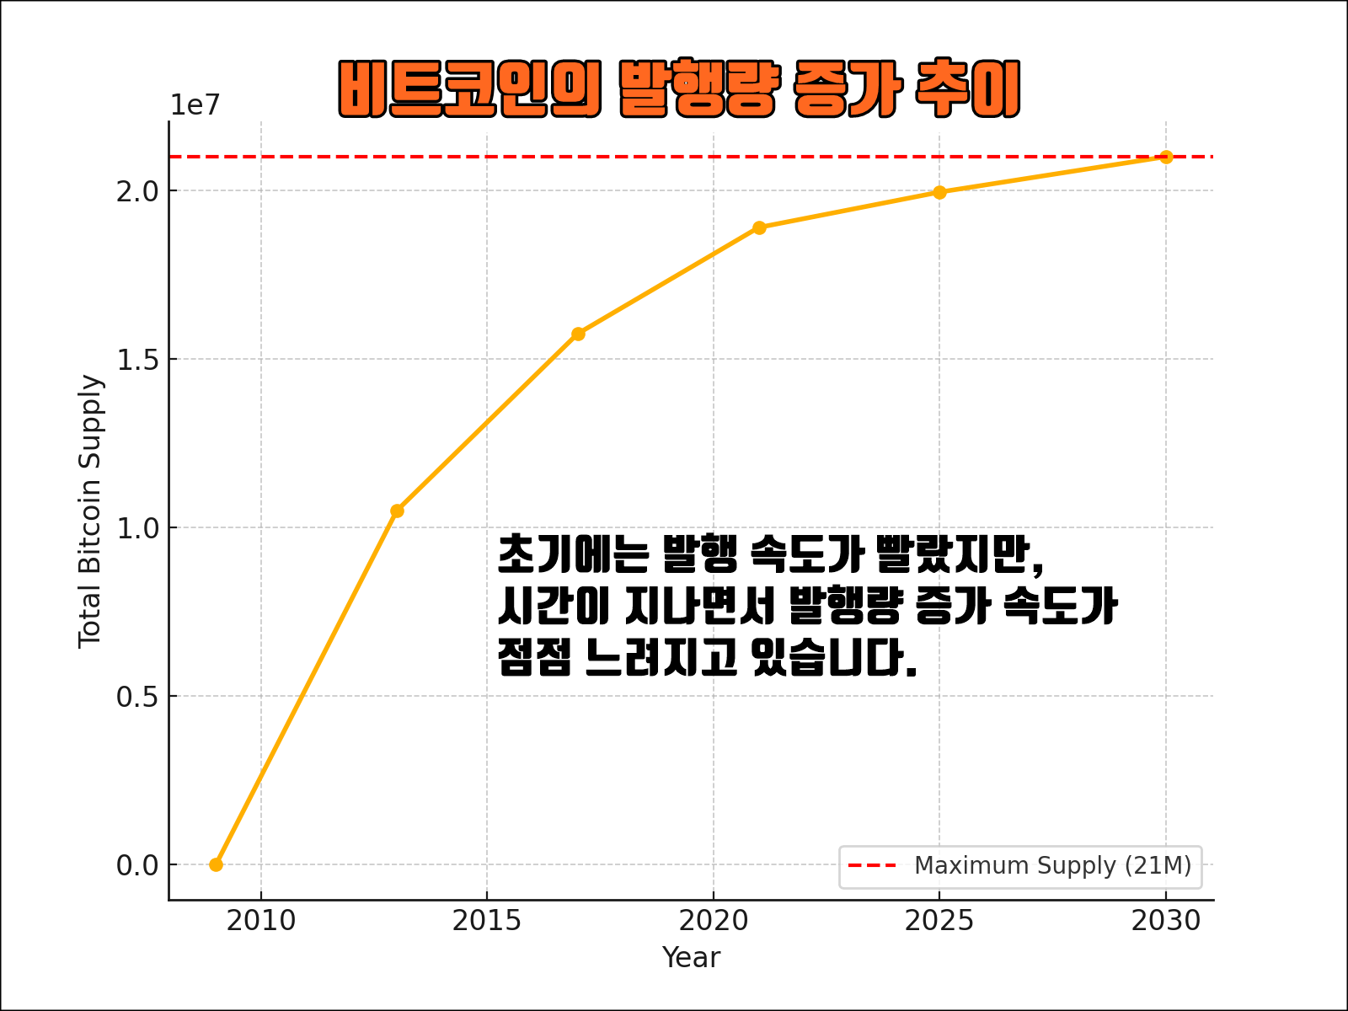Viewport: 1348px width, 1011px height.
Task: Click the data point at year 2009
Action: pos(216,864)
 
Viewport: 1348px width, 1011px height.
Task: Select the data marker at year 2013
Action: pos(397,511)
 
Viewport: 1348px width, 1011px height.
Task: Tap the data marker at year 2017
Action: pos(578,334)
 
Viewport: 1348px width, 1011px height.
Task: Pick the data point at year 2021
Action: pos(759,227)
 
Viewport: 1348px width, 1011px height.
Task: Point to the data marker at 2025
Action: pos(940,192)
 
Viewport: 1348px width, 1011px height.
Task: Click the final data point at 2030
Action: pos(1166,157)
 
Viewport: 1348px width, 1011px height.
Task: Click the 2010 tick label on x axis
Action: pos(261,921)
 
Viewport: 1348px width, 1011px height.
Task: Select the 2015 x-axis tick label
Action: pos(487,921)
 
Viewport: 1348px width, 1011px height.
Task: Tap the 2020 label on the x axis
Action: pos(714,921)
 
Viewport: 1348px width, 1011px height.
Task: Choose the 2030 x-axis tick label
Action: pos(1166,921)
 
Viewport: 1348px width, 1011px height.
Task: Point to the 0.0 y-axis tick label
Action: pos(137,865)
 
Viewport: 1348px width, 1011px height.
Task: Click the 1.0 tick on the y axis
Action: pos(137,528)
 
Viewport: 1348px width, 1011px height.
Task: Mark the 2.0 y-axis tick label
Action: pos(137,191)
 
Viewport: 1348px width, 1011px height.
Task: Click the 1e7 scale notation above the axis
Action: pos(195,105)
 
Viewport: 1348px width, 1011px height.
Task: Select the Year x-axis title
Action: pos(691,958)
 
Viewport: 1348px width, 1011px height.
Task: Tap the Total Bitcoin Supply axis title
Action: pos(89,511)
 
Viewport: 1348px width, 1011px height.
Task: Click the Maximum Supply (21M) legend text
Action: pos(1052,866)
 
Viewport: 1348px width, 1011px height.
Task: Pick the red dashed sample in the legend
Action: pos(872,866)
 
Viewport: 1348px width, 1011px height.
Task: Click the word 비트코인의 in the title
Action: pos(469,88)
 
